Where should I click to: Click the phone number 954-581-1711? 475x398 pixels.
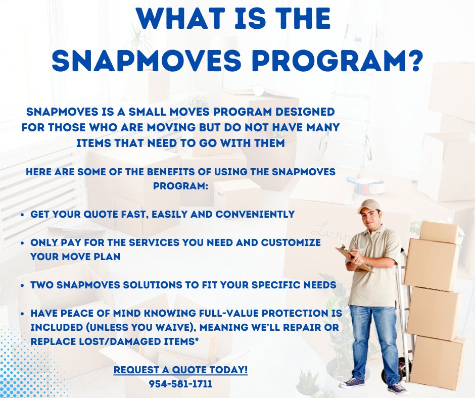180,384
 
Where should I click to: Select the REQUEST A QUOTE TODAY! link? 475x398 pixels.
180,370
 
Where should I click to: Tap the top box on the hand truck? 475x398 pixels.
438,232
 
